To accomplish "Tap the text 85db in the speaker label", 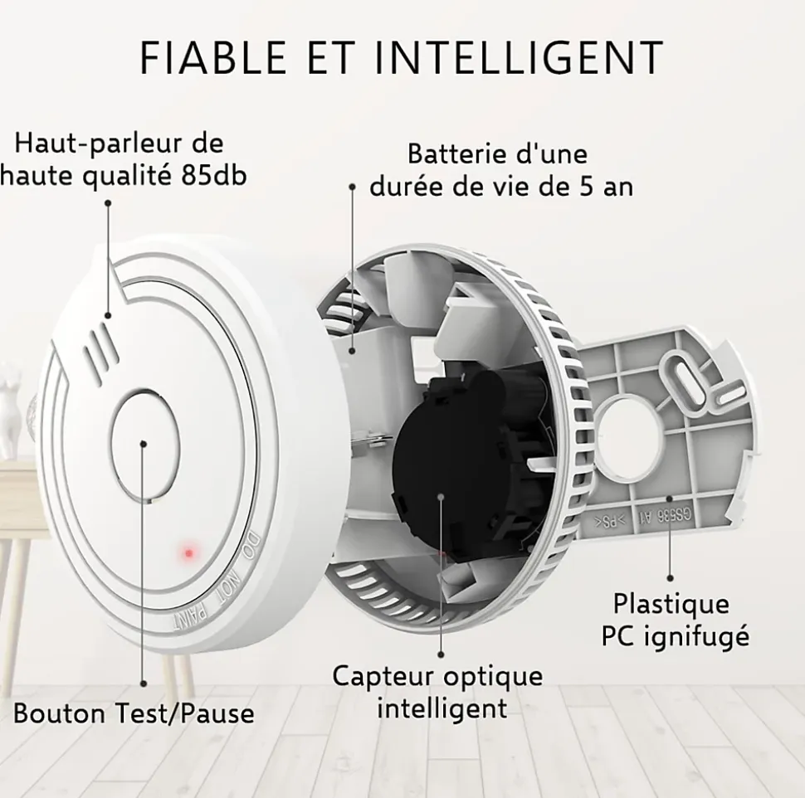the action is [x=214, y=176].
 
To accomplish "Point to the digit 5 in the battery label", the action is [x=586, y=187].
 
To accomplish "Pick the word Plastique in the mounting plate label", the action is [x=671, y=604].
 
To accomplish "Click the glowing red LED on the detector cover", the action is [x=188, y=553].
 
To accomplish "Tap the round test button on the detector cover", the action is [x=144, y=445].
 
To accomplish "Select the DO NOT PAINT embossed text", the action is [x=215, y=585].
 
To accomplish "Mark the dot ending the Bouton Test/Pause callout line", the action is [x=144, y=684].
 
